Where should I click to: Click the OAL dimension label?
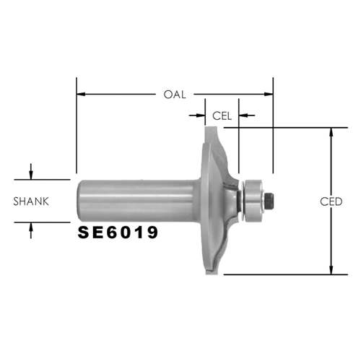pyautogui.click(x=175, y=95)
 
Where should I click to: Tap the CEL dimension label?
pyautogui.click(x=222, y=116)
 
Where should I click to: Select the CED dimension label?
pyautogui.click(x=331, y=201)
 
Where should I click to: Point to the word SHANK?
pyautogui.click(x=31, y=201)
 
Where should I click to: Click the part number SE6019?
pyautogui.click(x=118, y=232)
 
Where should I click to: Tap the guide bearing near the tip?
pyautogui.click(x=253, y=199)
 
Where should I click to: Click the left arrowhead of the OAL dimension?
pyautogui.click(x=81, y=94)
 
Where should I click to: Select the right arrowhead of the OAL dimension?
pyautogui.click(x=269, y=94)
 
